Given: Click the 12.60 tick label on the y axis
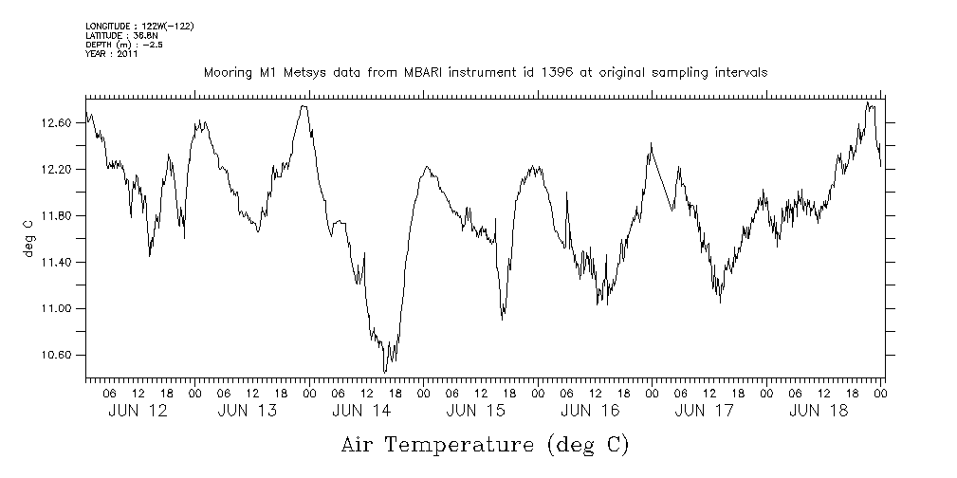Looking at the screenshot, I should click(x=57, y=123).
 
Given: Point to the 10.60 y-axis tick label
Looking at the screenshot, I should click(x=57, y=356).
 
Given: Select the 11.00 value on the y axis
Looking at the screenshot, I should click(x=57, y=309).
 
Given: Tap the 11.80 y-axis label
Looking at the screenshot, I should click(x=57, y=216).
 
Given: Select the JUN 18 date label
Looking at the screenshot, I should click(x=819, y=411).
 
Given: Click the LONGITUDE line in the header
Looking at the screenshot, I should click(x=139, y=26).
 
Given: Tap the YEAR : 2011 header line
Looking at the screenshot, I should click(x=112, y=54).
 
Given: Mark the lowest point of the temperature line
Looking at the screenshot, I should click(x=385, y=372).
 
